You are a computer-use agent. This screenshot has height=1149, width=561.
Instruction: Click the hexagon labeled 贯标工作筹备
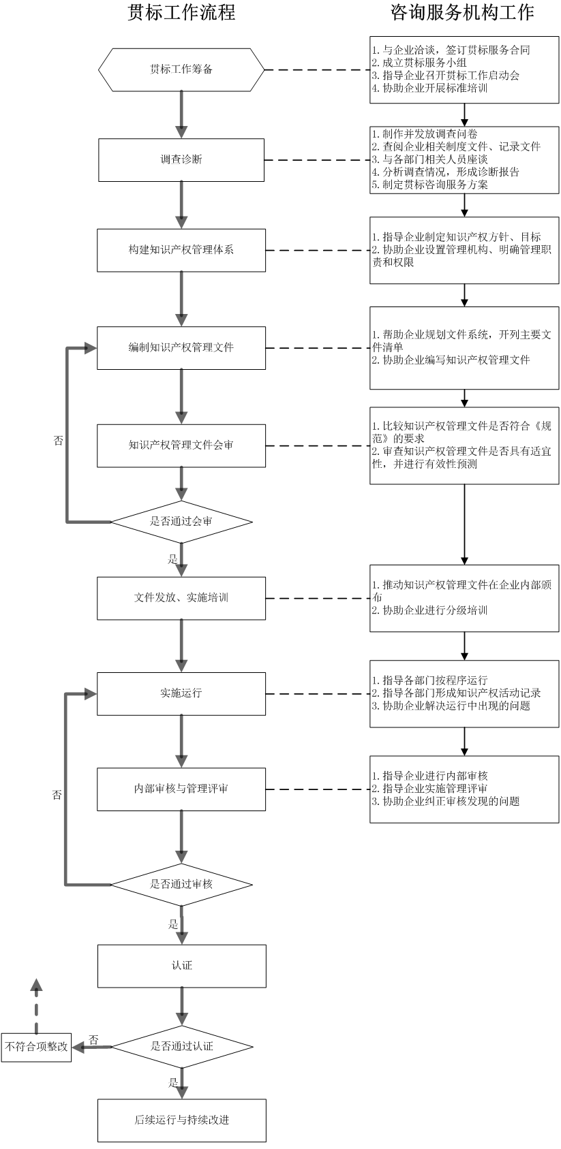click(181, 69)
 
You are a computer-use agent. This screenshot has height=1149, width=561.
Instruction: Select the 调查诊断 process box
click(181, 160)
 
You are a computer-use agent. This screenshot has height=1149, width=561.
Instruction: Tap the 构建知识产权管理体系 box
click(181, 250)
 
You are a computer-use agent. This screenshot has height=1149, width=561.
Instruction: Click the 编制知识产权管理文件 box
click(181, 348)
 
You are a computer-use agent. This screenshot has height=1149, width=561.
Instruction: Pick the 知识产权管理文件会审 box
click(181, 445)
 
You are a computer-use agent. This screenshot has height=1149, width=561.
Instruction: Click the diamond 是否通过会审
click(181, 522)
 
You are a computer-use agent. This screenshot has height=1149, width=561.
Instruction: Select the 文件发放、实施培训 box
click(181, 598)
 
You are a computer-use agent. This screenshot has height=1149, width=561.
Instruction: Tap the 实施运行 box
click(181, 693)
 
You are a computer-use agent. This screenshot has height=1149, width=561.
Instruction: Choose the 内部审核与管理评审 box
click(181, 789)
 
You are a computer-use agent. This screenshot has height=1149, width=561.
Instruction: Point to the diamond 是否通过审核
click(181, 885)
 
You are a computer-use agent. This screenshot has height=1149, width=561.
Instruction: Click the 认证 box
click(181, 966)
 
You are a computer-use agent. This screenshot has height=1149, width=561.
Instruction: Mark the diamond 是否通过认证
click(181, 1046)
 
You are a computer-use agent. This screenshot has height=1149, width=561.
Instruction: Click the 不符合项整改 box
click(36, 1047)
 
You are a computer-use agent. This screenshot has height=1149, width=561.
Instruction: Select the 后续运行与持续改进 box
click(181, 1120)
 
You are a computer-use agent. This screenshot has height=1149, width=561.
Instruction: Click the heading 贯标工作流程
click(181, 12)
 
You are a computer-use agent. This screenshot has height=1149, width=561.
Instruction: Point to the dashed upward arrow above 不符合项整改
click(37, 1005)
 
